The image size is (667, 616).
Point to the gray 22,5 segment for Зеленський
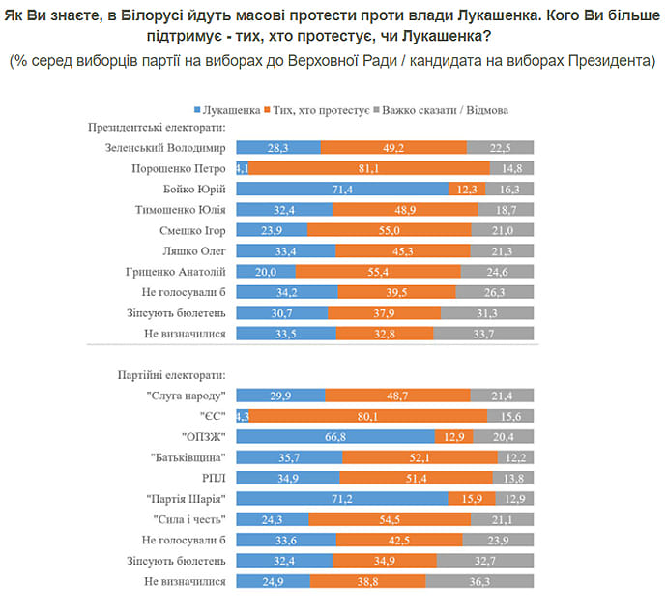pos(501,148)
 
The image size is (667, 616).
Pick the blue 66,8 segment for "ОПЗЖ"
pos(335,435)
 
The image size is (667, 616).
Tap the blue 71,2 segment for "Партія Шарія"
pos(342,500)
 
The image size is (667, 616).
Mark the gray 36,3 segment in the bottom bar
pos(480,582)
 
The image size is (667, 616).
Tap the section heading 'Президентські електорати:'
pos(157,127)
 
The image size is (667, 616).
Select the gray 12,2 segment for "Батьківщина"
pos(516,456)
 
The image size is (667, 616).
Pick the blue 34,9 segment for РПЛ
pos(288,478)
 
